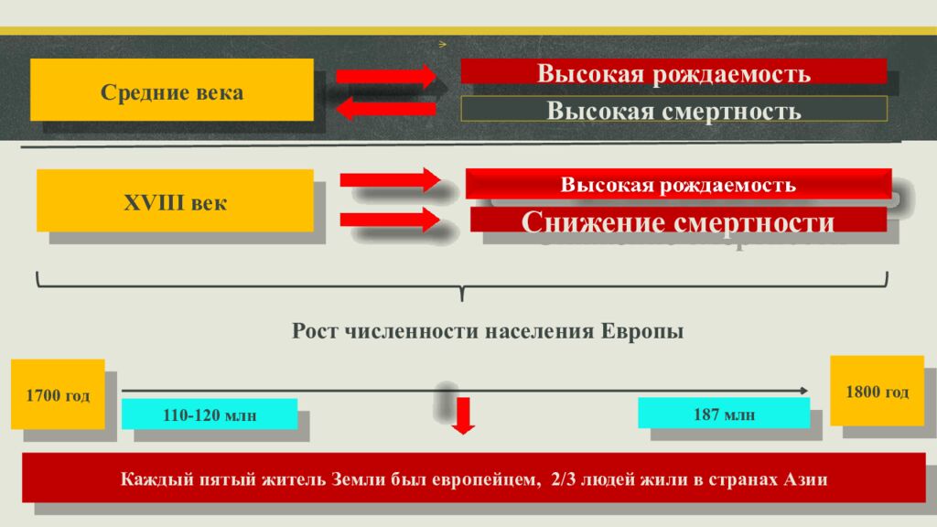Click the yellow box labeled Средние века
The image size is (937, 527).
pos(172,91)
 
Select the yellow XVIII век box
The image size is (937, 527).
pos(175,200)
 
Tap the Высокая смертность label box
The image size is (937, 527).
pos(673,111)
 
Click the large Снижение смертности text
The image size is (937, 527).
pos(677,222)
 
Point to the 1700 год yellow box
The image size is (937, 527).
pos(58,395)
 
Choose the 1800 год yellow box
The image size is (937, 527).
pos(877,391)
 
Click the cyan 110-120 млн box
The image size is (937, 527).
pos(210,414)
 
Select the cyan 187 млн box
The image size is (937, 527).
pos(724,414)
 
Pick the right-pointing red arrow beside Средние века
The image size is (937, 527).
pos(386,75)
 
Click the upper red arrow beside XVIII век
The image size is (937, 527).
pos(391,179)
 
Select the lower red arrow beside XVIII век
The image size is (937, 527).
pos(391,219)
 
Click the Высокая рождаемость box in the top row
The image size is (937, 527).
pos(673,72)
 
